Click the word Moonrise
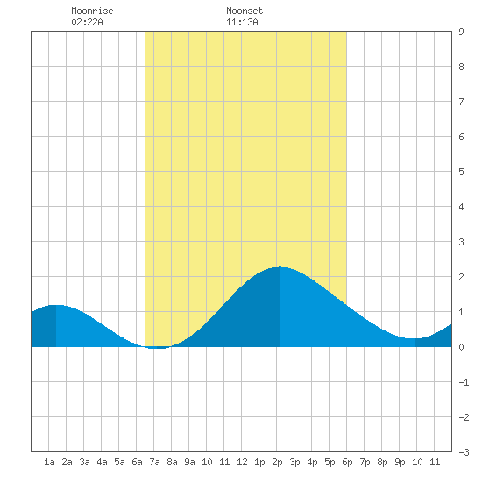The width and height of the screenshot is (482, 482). pyautogui.click(x=92, y=11)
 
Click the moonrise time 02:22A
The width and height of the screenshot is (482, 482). pyautogui.click(x=87, y=22)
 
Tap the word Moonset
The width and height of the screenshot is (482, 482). pyautogui.click(x=245, y=11)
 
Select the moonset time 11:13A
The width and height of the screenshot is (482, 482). pyautogui.click(x=242, y=22)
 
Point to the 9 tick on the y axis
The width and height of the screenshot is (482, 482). pyautogui.click(x=461, y=32)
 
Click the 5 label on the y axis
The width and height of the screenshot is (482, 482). pyautogui.click(x=461, y=172)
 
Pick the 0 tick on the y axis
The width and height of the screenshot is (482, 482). pyautogui.click(x=461, y=347)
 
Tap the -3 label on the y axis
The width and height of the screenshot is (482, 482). pyautogui.click(x=464, y=452)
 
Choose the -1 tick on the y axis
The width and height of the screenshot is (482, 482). pyautogui.click(x=464, y=382)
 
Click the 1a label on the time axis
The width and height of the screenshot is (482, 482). pyautogui.click(x=49, y=462)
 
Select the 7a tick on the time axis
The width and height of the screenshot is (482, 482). pyautogui.click(x=154, y=462)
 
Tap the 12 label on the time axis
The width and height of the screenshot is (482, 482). pyautogui.click(x=242, y=462)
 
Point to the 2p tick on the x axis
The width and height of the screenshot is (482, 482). pyautogui.click(x=277, y=462)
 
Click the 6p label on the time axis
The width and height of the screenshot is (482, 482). pyautogui.click(x=347, y=462)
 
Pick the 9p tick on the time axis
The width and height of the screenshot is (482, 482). pyautogui.click(x=400, y=462)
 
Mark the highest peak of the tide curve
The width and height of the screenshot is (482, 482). pyautogui.click(x=280, y=267)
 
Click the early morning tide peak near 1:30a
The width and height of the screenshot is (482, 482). pyautogui.click(x=56, y=305)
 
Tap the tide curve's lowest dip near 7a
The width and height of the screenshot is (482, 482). pyautogui.click(x=157, y=348)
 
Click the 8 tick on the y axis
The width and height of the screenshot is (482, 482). pyautogui.click(x=461, y=67)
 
